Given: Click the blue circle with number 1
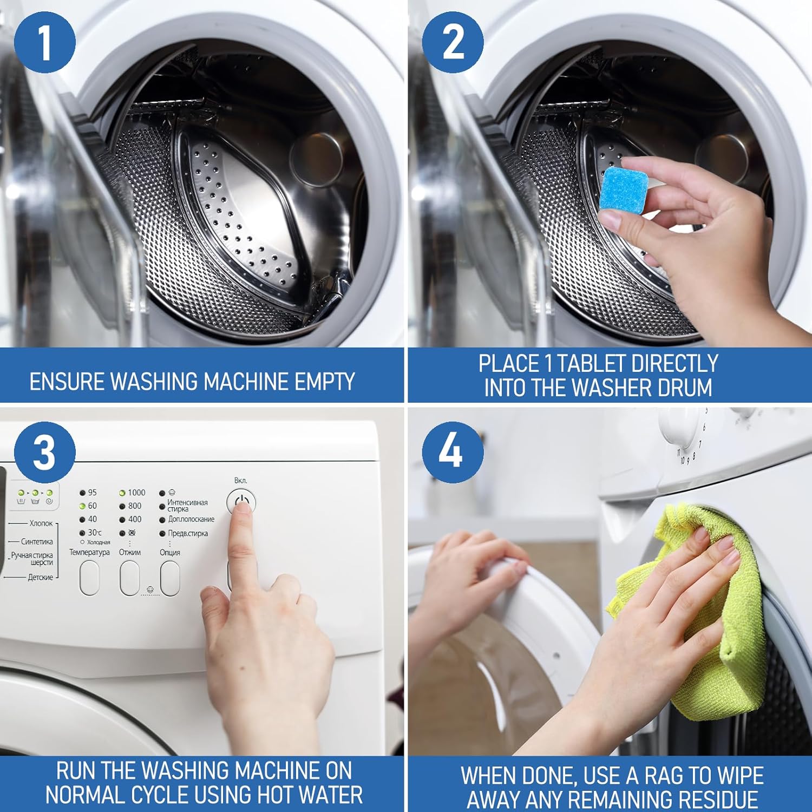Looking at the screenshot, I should [45, 42].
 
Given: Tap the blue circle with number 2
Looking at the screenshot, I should [453, 42].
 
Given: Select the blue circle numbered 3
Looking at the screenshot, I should [44, 452].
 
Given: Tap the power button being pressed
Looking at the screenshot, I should [241, 501].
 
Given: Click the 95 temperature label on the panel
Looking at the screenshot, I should [93, 493].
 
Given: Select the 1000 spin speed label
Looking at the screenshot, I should [136, 493].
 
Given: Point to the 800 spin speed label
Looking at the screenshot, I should [135, 506].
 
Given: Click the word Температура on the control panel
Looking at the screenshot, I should [89, 552].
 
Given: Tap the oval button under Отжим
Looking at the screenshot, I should [130, 578].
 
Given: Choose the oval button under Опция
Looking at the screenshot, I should [170, 578].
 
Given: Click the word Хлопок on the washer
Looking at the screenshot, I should [41, 523].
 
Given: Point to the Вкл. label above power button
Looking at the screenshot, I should [241, 481].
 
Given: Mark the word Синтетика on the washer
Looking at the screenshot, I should [37, 541].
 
